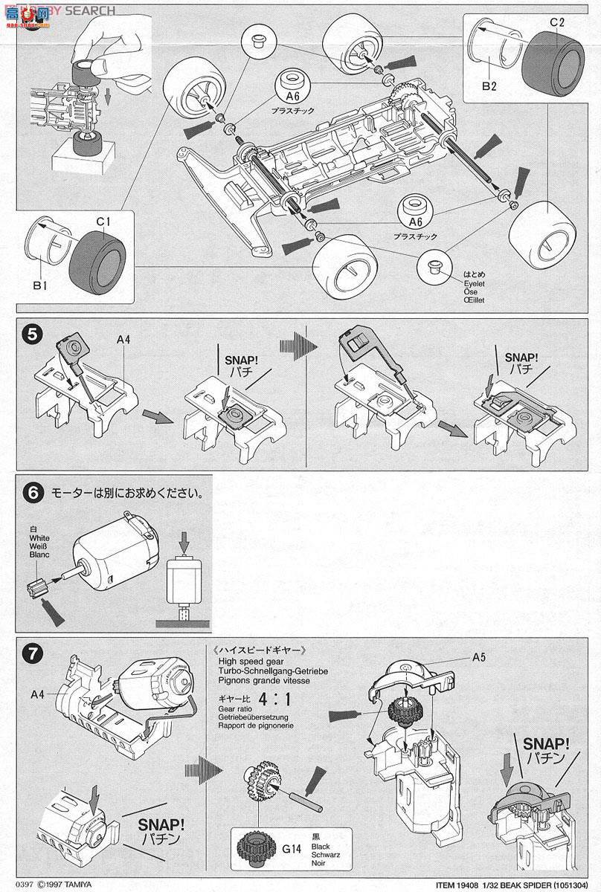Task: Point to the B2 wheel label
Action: coord(489,86)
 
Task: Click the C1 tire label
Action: coord(103,220)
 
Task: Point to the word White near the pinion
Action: coord(39,536)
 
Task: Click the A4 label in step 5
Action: coord(124,340)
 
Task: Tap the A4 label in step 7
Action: coord(39,694)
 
